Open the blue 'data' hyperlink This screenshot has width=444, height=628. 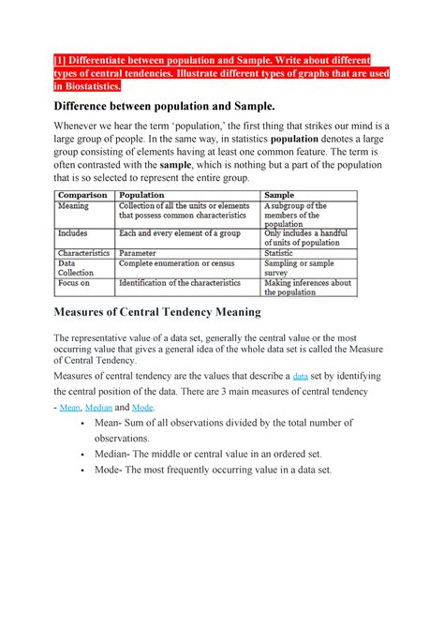(301, 376)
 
